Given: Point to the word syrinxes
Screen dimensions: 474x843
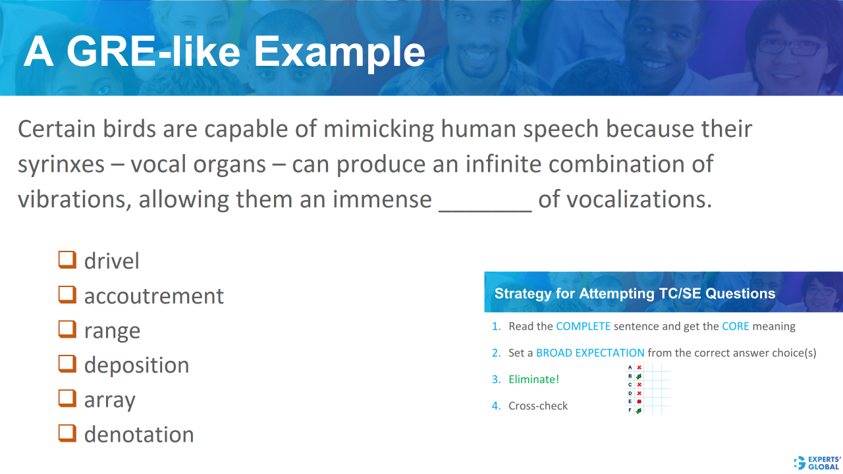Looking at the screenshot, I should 61,165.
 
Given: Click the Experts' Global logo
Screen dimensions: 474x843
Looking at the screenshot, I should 817,462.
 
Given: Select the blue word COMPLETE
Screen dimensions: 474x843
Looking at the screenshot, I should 583,327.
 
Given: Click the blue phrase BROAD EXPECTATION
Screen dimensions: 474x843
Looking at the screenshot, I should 590,353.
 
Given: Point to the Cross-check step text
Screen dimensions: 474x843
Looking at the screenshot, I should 538,406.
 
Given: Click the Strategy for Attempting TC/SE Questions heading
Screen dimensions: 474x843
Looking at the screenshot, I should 635,294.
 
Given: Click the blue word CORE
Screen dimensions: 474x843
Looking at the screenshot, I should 736,327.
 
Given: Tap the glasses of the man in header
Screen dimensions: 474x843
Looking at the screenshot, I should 791,47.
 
